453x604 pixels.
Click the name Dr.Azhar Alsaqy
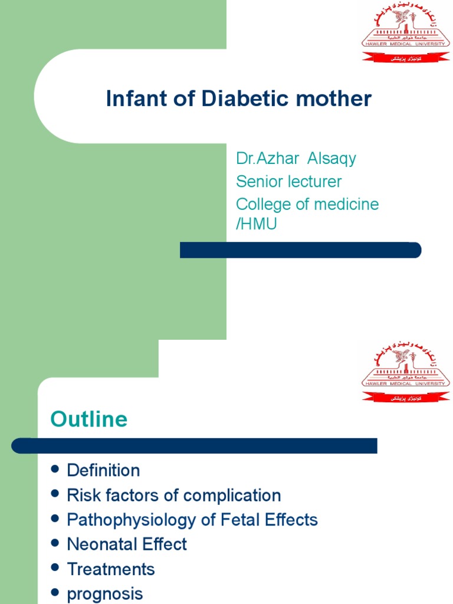(296, 159)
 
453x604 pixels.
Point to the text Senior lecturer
(288, 181)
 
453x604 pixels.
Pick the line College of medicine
(307, 204)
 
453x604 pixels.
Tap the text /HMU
(257, 224)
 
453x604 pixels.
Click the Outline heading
(88, 419)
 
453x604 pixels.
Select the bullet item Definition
(103, 470)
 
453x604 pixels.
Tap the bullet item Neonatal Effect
(127, 544)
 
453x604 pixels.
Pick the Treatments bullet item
(111, 569)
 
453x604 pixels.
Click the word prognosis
(105, 593)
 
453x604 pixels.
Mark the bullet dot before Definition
(55, 469)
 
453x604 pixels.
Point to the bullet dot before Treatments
(55, 568)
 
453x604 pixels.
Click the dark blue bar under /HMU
(300, 250)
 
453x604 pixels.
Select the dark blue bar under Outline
(195, 445)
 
